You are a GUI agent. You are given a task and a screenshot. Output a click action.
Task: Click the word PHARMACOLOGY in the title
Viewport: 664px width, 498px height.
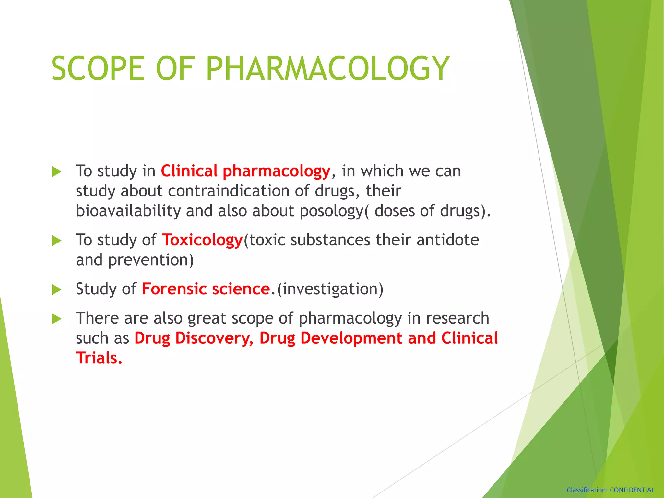[x=327, y=69]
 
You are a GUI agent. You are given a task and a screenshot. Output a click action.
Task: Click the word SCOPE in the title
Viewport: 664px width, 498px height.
[x=98, y=69]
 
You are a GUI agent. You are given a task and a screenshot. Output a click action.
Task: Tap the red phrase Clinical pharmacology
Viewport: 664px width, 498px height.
[x=245, y=171]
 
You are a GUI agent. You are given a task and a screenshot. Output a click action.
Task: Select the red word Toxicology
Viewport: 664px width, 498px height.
[x=202, y=240]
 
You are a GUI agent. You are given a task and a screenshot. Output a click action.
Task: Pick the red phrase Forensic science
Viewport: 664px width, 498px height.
[x=206, y=289]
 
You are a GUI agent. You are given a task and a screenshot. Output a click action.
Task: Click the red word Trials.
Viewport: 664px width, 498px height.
[x=99, y=358]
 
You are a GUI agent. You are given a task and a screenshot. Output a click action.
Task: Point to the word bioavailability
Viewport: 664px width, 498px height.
[x=128, y=211]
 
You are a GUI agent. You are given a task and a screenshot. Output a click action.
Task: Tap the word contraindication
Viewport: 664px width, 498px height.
[x=228, y=191]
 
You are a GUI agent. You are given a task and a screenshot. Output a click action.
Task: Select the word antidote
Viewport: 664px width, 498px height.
[x=447, y=240]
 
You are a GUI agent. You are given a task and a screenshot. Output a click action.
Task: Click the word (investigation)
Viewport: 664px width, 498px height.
[x=330, y=289]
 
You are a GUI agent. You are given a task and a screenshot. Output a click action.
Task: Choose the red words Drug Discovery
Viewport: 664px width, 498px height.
[x=194, y=338]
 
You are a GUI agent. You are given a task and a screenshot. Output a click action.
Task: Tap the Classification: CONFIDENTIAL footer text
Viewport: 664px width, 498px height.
[x=610, y=490]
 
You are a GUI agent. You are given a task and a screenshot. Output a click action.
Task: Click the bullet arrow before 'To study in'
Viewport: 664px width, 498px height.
[x=56, y=172]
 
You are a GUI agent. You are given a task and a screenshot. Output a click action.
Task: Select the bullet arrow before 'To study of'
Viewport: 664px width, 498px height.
[x=56, y=241]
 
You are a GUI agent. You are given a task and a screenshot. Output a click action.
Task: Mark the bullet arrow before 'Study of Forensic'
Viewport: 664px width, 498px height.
[x=56, y=290]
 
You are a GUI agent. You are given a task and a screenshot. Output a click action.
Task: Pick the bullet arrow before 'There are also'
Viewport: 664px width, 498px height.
[x=56, y=319]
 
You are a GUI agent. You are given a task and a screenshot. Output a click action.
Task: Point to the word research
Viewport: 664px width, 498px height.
[x=457, y=318]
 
